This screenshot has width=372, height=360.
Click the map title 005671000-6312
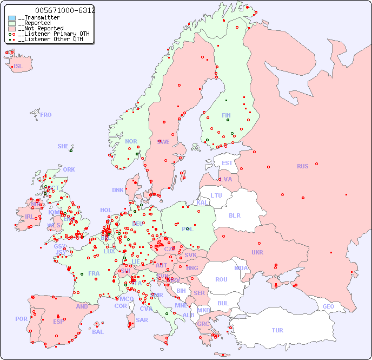point(64,10)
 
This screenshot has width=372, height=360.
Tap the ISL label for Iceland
point(18,67)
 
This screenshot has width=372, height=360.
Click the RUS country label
point(302,166)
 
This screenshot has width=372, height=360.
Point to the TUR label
point(277,330)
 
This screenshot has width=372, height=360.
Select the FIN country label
point(226,115)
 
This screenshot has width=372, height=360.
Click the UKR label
point(257,252)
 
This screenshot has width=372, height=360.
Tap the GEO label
point(328,306)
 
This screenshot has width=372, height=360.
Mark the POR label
point(21,319)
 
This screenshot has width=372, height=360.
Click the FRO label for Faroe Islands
point(46,115)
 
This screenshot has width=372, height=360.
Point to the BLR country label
point(235,215)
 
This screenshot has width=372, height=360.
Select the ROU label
point(221,279)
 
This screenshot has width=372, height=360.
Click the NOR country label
point(131,141)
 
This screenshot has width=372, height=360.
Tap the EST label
point(227,163)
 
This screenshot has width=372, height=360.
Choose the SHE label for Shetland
point(63,146)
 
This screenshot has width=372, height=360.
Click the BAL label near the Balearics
point(98,332)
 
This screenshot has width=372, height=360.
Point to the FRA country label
point(94,273)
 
